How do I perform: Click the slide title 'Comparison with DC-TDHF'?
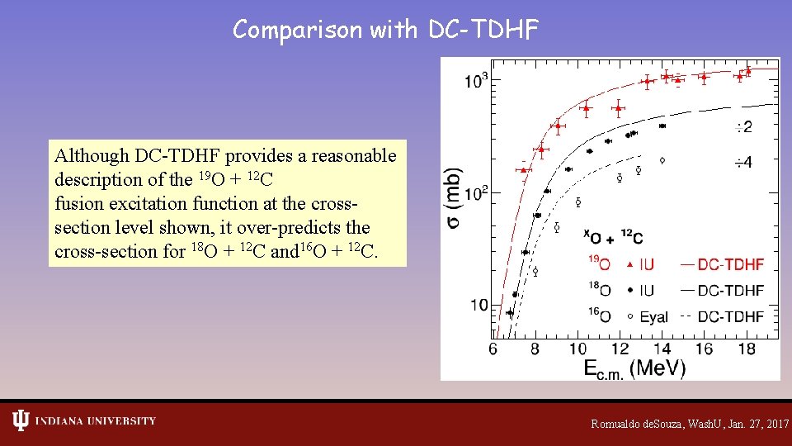tap(385, 30)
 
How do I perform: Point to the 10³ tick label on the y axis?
tap(476, 82)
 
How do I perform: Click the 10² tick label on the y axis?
tap(476, 193)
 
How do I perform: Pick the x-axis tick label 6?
tap(493, 349)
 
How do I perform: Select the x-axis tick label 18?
tap(746, 349)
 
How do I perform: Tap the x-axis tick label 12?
tap(619, 349)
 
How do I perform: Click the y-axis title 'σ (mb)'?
tap(455, 198)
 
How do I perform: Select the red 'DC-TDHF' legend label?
tap(730, 265)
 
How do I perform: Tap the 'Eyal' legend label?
tap(654, 316)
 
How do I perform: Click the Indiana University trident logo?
tap(21, 420)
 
